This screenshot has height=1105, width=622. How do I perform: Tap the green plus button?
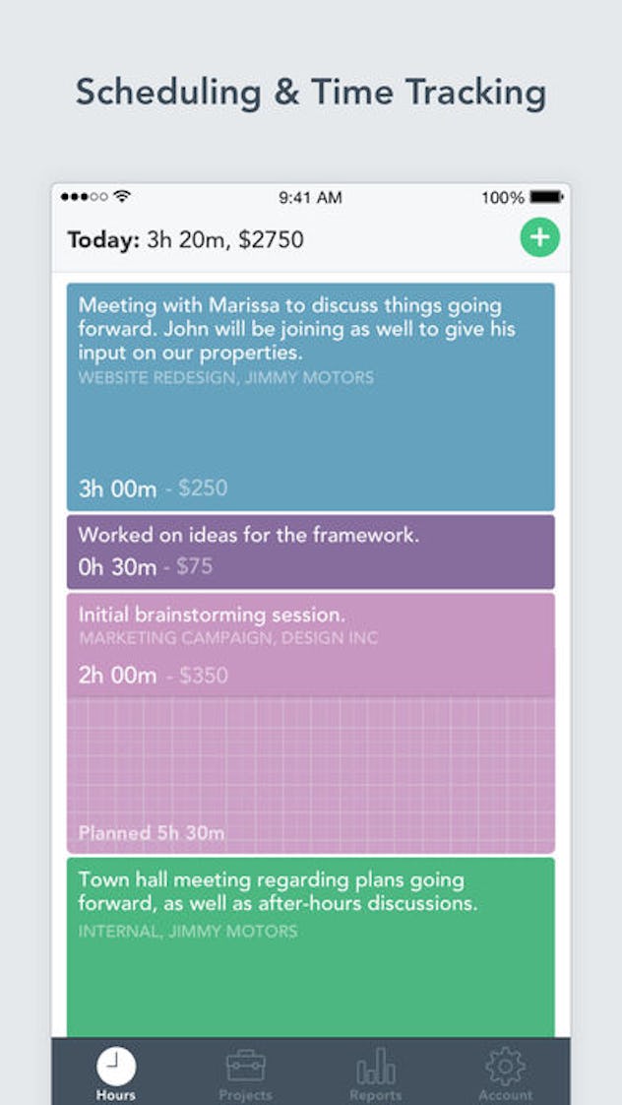pos(539,237)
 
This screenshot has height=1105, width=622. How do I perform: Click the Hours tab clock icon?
pos(116,1066)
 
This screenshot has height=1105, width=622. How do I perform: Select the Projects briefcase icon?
pos(245,1065)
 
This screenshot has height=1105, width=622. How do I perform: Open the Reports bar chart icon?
pos(375,1066)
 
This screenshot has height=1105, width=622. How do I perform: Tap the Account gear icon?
pos(505,1066)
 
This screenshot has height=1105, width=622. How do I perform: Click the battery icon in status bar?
pos(546,197)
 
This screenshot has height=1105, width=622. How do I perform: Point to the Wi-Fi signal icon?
pos(122,196)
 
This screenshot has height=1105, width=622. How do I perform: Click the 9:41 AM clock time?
pos(310,197)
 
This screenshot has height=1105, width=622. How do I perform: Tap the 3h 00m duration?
pos(117,487)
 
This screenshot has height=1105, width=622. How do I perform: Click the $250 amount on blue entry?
pos(203,487)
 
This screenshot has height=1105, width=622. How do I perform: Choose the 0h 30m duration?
pos(117,566)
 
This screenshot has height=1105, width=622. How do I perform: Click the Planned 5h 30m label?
pos(152,833)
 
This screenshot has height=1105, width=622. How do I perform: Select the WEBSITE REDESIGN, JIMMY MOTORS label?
pos(226,377)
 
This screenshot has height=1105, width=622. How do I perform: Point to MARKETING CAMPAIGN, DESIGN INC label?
pos(228,637)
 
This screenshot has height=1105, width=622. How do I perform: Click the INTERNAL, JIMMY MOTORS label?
pos(188,931)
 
